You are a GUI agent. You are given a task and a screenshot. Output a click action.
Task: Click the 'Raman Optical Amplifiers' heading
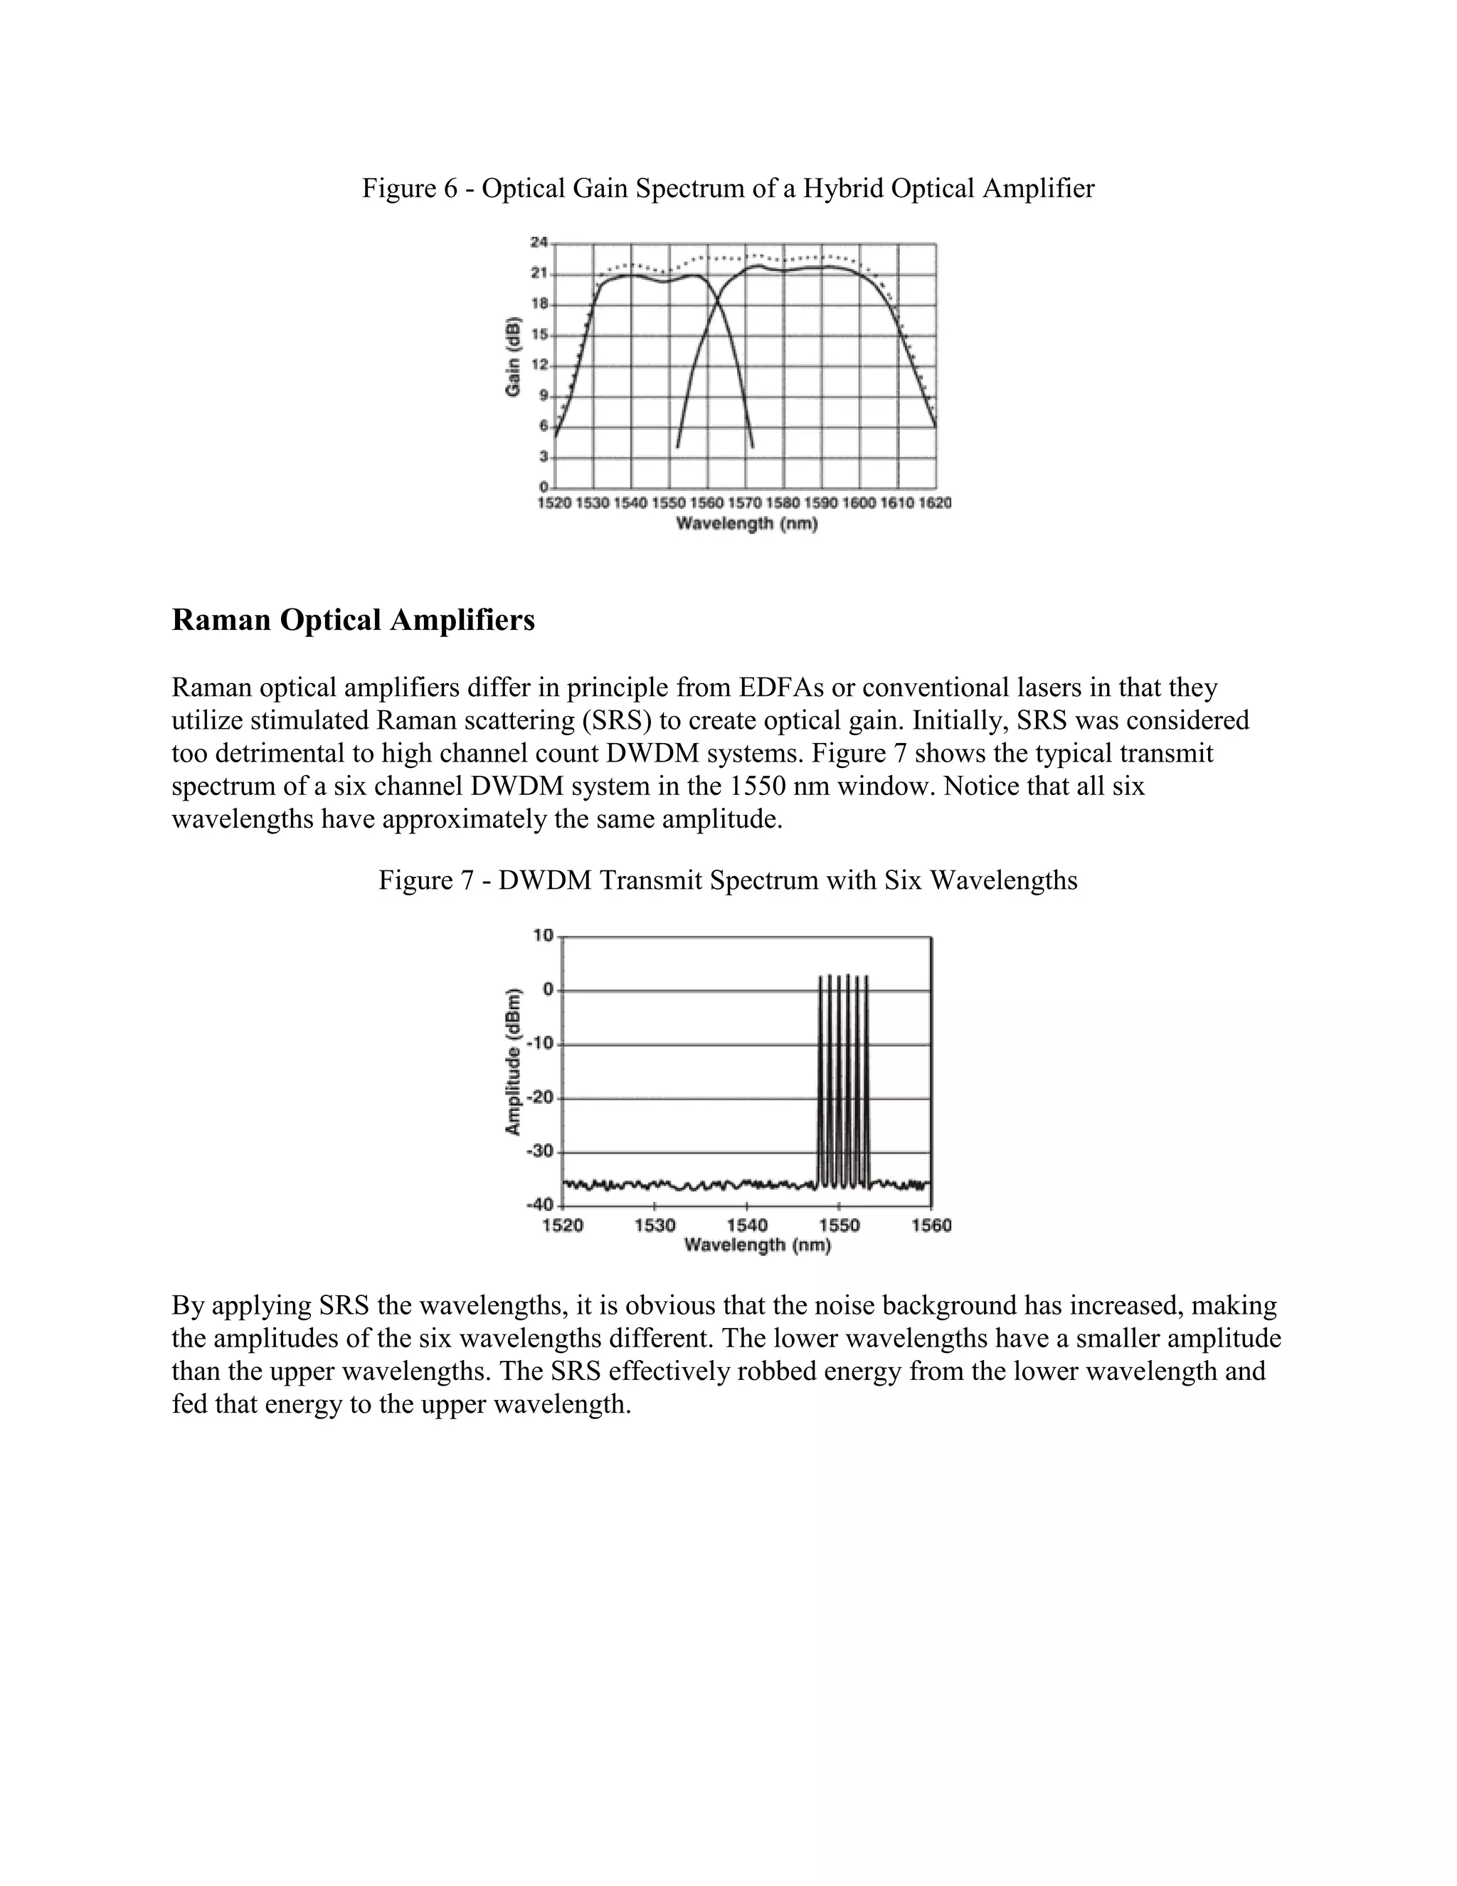tap(353, 620)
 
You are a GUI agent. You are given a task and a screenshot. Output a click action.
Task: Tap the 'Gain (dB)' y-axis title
tap(513, 357)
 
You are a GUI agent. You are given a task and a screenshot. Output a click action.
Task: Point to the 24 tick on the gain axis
tap(539, 243)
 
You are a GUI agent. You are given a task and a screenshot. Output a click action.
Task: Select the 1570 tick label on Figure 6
tap(744, 502)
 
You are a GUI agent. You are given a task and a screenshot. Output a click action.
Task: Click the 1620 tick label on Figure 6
tap(935, 502)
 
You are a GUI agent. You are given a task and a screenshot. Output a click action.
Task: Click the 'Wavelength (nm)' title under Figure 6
tap(746, 523)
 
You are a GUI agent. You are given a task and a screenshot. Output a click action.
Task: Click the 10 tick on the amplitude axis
tap(543, 935)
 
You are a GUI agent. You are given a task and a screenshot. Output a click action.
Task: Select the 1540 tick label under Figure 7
tap(746, 1226)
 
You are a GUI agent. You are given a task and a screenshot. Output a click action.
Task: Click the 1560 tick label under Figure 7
tap(931, 1226)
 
